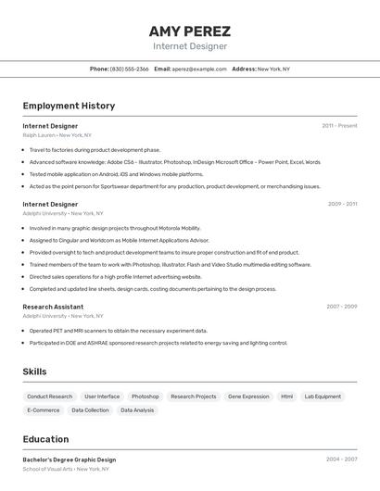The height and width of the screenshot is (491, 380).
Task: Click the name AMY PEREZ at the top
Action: [x=190, y=31]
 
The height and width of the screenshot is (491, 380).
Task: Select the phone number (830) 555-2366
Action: [x=130, y=69]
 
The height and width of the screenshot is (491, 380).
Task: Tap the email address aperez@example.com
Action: [x=199, y=69]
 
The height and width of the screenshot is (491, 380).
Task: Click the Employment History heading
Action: [x=69, y=106]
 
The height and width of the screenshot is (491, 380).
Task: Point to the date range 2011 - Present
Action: [x=339, y=125]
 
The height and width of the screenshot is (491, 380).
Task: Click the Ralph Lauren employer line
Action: [x=57, y=135]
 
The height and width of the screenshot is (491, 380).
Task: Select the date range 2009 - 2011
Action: [x=342, y=204]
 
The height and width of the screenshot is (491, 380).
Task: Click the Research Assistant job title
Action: [x=53, y=307]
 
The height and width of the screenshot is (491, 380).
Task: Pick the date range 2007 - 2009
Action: [x=341, y=307]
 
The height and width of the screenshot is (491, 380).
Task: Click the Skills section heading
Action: [x=34, y=371]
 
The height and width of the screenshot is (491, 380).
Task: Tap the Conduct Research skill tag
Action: [x=49, y=397]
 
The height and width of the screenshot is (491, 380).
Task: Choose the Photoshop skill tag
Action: [x=145, y=397]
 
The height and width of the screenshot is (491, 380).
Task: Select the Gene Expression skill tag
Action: [x=248, y=397]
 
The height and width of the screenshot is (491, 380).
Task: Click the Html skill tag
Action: [x=287, y=397]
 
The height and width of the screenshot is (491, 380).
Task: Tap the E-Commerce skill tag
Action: [x=44, y=409]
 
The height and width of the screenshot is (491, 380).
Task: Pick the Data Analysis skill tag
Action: [x=137, y=409]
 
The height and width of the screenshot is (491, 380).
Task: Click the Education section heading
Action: [x=45, y=439]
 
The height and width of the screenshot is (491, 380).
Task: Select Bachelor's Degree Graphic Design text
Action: [x=70, y=460]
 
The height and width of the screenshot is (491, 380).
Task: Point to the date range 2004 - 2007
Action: [x=341, y=459]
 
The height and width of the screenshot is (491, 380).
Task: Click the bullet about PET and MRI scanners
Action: [x=118, y=330]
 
